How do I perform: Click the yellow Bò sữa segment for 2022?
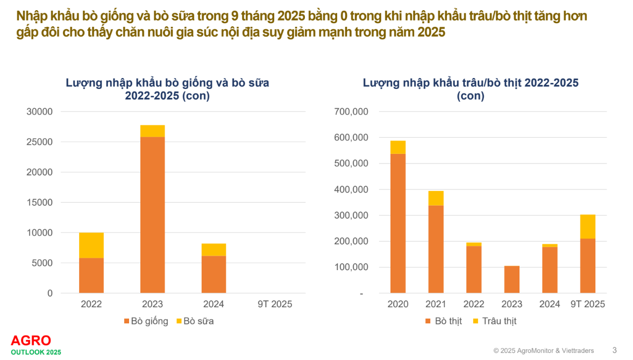tap(91, 245)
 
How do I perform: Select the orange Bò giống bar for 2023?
tap(152, 214)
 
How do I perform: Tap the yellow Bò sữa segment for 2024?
tap(214, 250)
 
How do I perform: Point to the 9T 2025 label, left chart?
tap(274, 304)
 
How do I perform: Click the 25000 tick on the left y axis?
tap(40, 142)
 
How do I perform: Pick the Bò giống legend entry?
tap(146, 321)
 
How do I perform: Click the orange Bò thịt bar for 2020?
tap(398, 223)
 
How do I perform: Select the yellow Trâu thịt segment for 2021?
tap(436, 198)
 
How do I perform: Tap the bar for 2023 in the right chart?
tap(512, 279)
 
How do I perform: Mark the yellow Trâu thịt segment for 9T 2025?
tap(588, 227)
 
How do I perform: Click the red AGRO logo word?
tap(31, 341)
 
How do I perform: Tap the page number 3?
tap(615, 350)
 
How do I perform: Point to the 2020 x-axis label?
tap(398, 305)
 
